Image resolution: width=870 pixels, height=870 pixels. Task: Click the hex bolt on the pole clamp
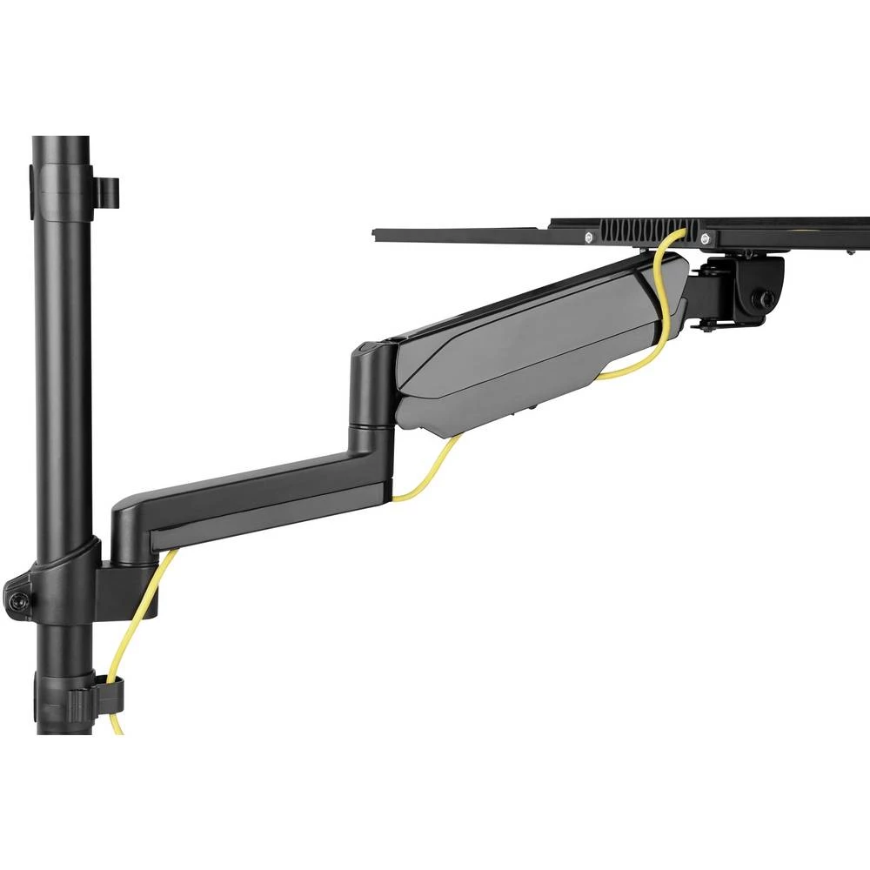pyautogui.click(x=17, y=600)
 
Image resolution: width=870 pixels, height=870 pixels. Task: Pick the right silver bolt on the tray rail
pyautogui.click(x=704, y=238)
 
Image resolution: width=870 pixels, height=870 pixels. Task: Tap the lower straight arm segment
pyautogui.click(x=261, y=505)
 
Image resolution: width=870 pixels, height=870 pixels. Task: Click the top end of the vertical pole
pyautogui.click(x=62, y=144)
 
